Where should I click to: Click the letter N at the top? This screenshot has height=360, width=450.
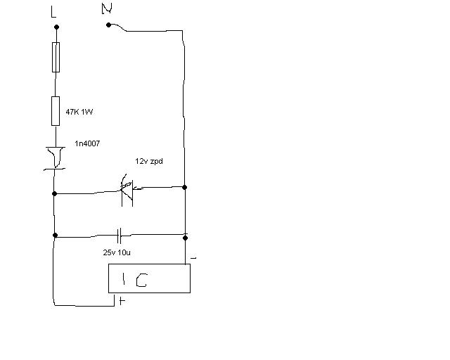pyautogui.click(x=107, y=8)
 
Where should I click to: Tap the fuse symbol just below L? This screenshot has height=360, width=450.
pyautogui.click(x=56, y=57)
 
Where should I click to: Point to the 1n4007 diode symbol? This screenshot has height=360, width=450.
pyautogui.click(x=56, y=158)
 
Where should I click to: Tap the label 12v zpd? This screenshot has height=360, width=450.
pyautogui.click(x=150, y=161)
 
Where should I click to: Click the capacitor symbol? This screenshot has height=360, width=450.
pyautogui.click(x=120, y=235)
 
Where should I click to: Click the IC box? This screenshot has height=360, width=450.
pyautogui.click(x=149, y=278)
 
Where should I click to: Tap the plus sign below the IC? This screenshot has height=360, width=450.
pyautogui.click(x=122, y=302)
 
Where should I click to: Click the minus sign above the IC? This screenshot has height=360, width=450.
pyautogui.click(x=193, y=257)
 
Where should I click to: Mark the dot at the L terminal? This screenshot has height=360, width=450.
pyautogui.click(x=56, y=27)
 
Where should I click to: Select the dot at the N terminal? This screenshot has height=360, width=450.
pyautogui.click(x=108, y=25)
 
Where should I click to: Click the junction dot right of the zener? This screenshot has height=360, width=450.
pyautogui.click(x=184, y=187)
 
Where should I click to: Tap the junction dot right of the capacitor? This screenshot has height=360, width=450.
pyautogui.click(x=185, y=236)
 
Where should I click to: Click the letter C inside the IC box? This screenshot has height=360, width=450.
pyautogui.click(x=142, y=281)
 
